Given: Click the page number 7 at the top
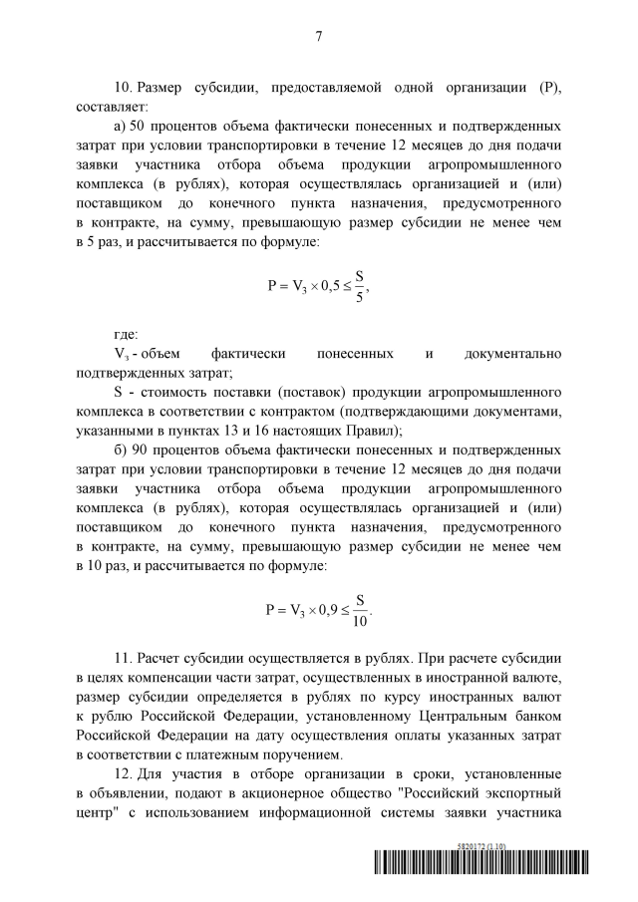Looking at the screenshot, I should [x=319, y=37].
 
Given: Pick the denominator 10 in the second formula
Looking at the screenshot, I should [x=360, y=621].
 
